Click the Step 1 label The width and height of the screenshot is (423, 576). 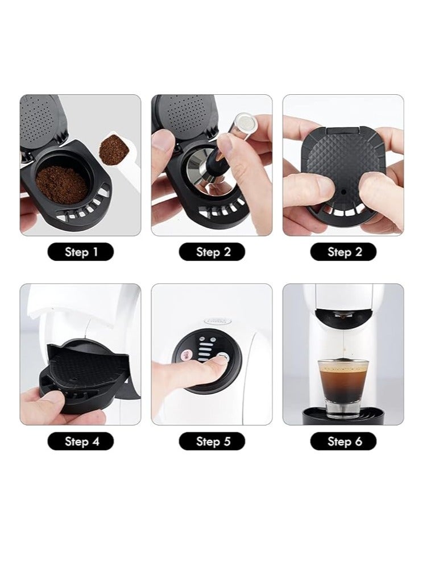point(80,252)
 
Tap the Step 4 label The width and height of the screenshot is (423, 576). point(80,441)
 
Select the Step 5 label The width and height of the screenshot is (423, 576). point(212,441)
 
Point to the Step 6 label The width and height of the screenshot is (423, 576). point(343,441)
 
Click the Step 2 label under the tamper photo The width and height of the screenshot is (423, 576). point(212,252)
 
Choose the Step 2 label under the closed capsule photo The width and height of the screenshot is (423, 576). point(343,252)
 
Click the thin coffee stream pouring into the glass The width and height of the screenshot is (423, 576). point(343,341)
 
